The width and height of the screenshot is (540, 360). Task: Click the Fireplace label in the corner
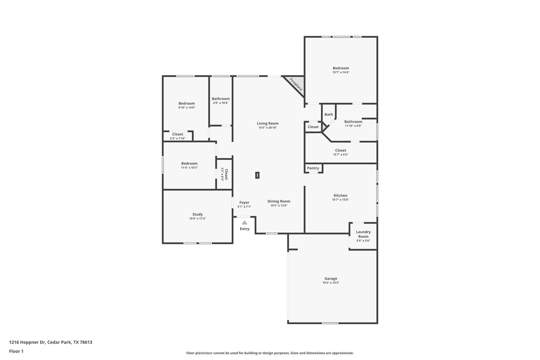[x=296, y=84]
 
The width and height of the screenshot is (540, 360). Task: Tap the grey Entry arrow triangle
[x=244, y=223]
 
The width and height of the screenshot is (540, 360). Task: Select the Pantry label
[x=313, y=168]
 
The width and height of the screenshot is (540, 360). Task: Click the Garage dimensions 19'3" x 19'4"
[x=331, y=283]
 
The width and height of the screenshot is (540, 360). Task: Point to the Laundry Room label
[x=363, y=234]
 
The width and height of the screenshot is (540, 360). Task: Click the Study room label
[x=197, y=214]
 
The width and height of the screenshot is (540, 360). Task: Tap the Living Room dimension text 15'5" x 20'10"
[x=268, y=128]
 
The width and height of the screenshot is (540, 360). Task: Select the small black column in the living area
[x=257, y=175]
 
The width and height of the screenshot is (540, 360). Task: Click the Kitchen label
[x=341, y=196]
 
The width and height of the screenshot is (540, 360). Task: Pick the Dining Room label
[x=279, y=201]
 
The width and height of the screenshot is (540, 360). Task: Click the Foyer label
[x=244, y=202]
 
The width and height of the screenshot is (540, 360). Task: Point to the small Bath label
[x=329, y=114]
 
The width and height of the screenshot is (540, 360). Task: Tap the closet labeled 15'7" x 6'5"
[x=341, y=152]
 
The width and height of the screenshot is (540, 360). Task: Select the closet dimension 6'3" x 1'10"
[x=178, y=138]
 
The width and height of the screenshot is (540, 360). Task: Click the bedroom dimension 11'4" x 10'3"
[x=189, y=168]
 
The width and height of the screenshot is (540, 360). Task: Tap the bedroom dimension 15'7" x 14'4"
[x=341, y=72]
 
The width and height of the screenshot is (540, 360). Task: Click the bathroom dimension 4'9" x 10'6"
[x=221, y=103]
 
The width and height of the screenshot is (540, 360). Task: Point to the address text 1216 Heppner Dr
[x=27, y=342]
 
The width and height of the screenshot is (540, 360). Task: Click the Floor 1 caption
[x=16, y=351]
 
